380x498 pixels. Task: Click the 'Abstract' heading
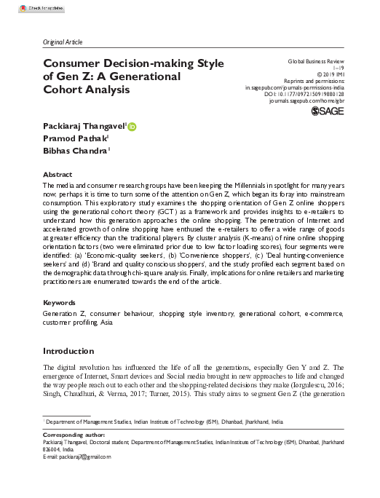[58, 175]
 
